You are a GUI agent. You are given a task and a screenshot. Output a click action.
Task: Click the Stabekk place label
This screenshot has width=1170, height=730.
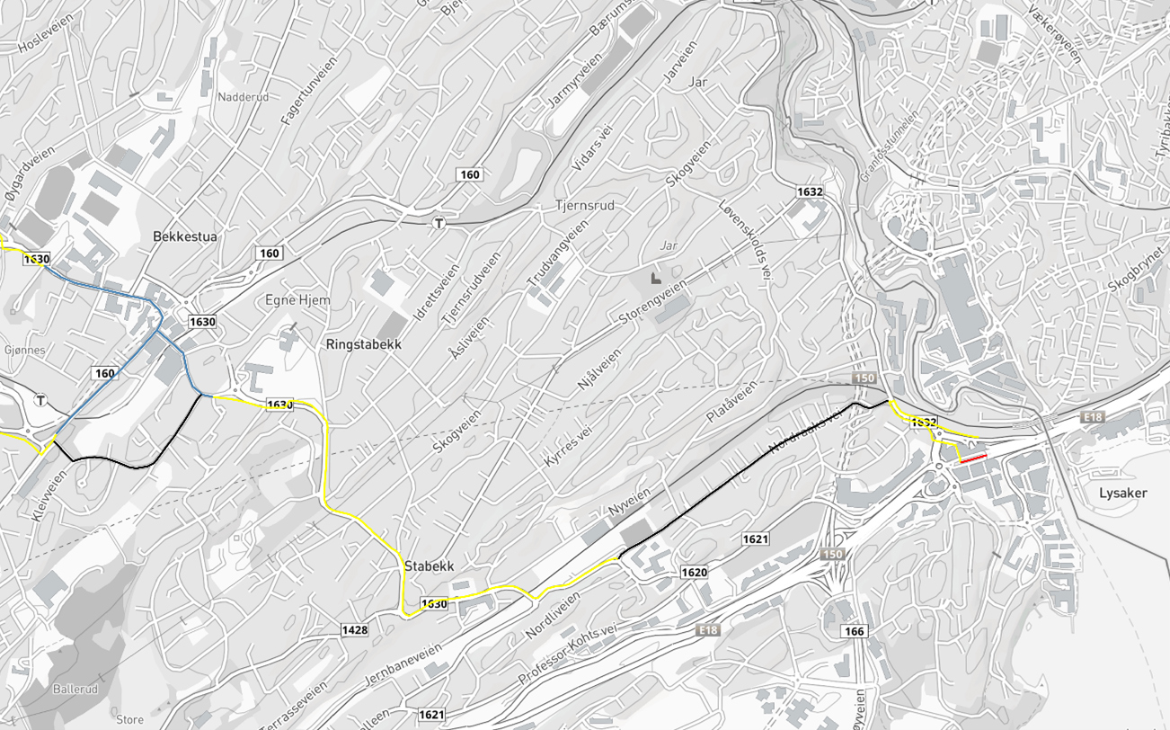tap(429, 566)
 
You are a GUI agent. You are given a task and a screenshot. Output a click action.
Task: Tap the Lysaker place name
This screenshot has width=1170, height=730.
tap(1122, 493)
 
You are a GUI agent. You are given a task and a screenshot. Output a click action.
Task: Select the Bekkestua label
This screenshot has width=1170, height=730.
tap(185, 236)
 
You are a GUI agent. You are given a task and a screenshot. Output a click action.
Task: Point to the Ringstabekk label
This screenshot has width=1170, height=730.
tap(363, 344)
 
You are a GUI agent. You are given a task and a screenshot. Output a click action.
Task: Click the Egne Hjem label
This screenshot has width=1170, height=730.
tap(297, 300)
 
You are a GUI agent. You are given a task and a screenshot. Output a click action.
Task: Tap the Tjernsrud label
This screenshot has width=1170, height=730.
tap(585, 206)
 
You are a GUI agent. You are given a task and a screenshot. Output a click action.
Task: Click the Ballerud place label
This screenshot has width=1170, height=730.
tap(75, 690)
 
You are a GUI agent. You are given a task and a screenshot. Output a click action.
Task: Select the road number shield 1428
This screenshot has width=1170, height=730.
tap(355, 630)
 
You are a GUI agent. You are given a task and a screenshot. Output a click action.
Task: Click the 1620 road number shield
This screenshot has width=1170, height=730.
tap(694, 573)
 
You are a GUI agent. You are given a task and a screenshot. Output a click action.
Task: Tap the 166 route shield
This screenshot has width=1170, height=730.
tap(854, 632)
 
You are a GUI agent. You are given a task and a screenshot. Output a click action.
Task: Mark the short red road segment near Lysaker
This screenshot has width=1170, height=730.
tap(974, 458)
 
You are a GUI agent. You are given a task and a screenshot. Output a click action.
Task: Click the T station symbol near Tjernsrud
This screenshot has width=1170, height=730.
tap(439, 223)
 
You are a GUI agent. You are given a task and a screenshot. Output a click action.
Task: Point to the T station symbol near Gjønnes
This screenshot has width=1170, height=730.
tap(40, 400)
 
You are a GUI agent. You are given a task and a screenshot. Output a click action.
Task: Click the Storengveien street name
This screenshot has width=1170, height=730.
tap(653, 303)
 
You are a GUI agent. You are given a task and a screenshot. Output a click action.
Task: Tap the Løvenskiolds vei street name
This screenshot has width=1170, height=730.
tap(745, 244)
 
